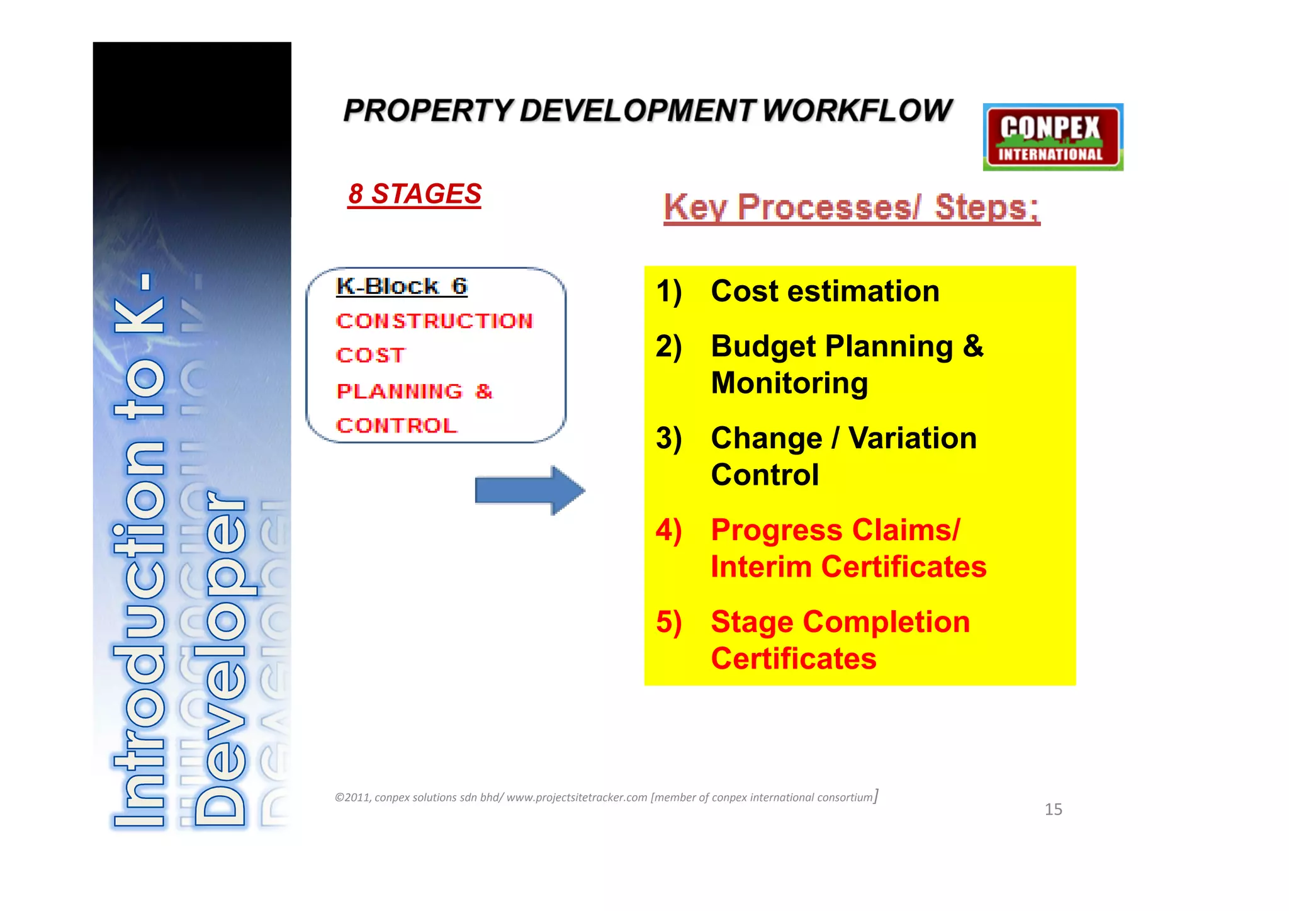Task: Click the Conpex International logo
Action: [1052, 137]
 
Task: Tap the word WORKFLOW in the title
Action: [857, 111]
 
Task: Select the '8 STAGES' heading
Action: [415, 194]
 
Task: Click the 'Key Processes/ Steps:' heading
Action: [851, 208]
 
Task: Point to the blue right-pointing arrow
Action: [529, 490]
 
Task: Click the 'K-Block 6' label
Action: [402, 286]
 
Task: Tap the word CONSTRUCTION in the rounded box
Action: [434, 321]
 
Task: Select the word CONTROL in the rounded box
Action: [397, 426]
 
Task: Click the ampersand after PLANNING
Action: [483, 391]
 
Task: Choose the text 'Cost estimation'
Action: [825, 291]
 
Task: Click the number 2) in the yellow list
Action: [668, 347]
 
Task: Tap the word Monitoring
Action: [789, 383]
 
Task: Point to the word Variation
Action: [912, 438]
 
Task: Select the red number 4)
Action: [668, 531]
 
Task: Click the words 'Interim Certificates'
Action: [848, 567]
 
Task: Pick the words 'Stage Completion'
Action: [840, 622]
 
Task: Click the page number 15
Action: [1053, 810]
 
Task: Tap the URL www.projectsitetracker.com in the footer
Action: [577, 798]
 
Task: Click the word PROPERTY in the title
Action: [428, 111]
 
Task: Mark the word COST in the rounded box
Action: [371, 356]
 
